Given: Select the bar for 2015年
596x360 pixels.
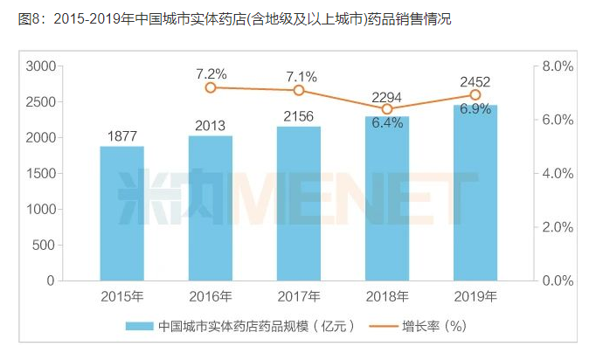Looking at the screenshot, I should tap(121, 213).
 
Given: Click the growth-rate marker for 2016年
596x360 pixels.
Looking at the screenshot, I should tap(211, 87).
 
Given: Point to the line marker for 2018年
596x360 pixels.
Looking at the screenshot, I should tap(387, 109).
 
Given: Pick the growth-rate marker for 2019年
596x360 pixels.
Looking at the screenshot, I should tap(475, 94).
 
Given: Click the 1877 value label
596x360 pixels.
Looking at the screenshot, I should tap(121, 135).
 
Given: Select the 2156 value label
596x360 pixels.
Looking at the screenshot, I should tap(299, 115).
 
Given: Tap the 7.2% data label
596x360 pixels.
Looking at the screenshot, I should tap(211, 73).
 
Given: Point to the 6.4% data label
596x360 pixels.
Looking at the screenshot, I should tap(387, 123).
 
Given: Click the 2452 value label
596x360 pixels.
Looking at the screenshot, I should tap(475, 82).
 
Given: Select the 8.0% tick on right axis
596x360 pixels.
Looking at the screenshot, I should tap(557, 66).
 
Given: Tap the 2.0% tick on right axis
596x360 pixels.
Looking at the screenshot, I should tap(557, 227).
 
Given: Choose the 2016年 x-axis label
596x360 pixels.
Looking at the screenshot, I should tap(211, 296).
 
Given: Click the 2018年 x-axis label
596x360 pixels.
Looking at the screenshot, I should tap(387, 296).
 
